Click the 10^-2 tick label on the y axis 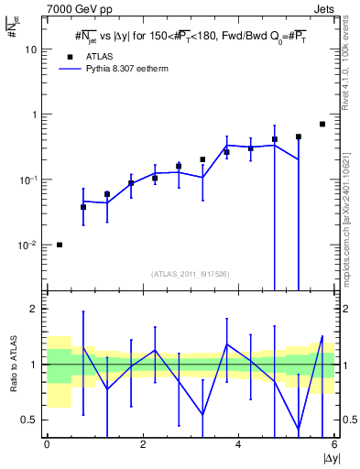coord(28,245)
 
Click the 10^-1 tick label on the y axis coord(28,180)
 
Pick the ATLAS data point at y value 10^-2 coord(60,245)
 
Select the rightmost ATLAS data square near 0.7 coord(322,124)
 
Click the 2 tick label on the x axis coord(143,443)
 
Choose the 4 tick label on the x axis coord(238,443)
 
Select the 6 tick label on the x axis coord(333,443)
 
